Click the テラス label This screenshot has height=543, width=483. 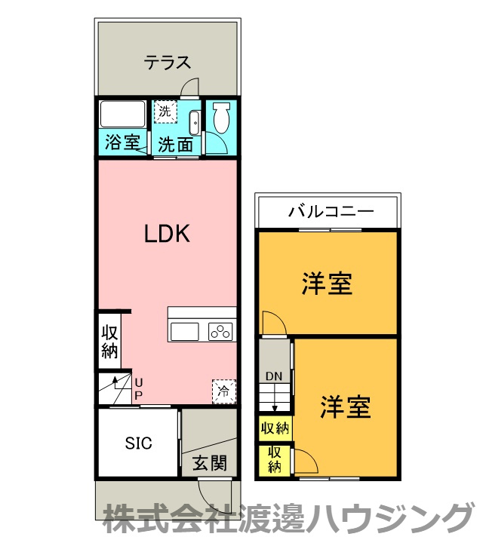pyautogui.click(x=168, y=63)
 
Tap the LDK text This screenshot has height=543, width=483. pyautogui.click(x=167, y=234)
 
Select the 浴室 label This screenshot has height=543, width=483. pyautogui.click(x=122, y=142)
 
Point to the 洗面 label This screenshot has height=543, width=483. pyautogui.click(x=175, y=143)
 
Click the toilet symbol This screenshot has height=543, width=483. pyautogui.click(x=221, y=120)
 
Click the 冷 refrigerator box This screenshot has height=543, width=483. pyautogui.click(x=223, y=391)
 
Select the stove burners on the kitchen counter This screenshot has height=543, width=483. pyautogui.click(x=220, y=331)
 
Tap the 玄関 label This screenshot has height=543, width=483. pyautogui.click(x=209, y=462)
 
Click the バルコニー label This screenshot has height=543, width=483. pyautogui.click(x=330, y=211)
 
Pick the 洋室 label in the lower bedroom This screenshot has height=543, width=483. pyautogui.click(x=345, y=407)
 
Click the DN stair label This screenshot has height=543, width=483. pyautogui.click(x=273, y=376)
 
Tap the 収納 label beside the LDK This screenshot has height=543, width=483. pyautogui.click(x=110, y=342)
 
